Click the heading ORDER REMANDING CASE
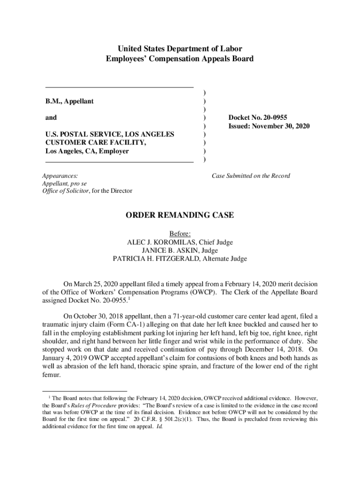(180, 215)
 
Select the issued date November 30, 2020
(283, 126)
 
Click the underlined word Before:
(180, 234)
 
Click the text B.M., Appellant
(69, 101)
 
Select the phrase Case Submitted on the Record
(251, 176)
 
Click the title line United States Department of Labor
(180, 49)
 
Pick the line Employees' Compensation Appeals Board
(180, 59)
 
